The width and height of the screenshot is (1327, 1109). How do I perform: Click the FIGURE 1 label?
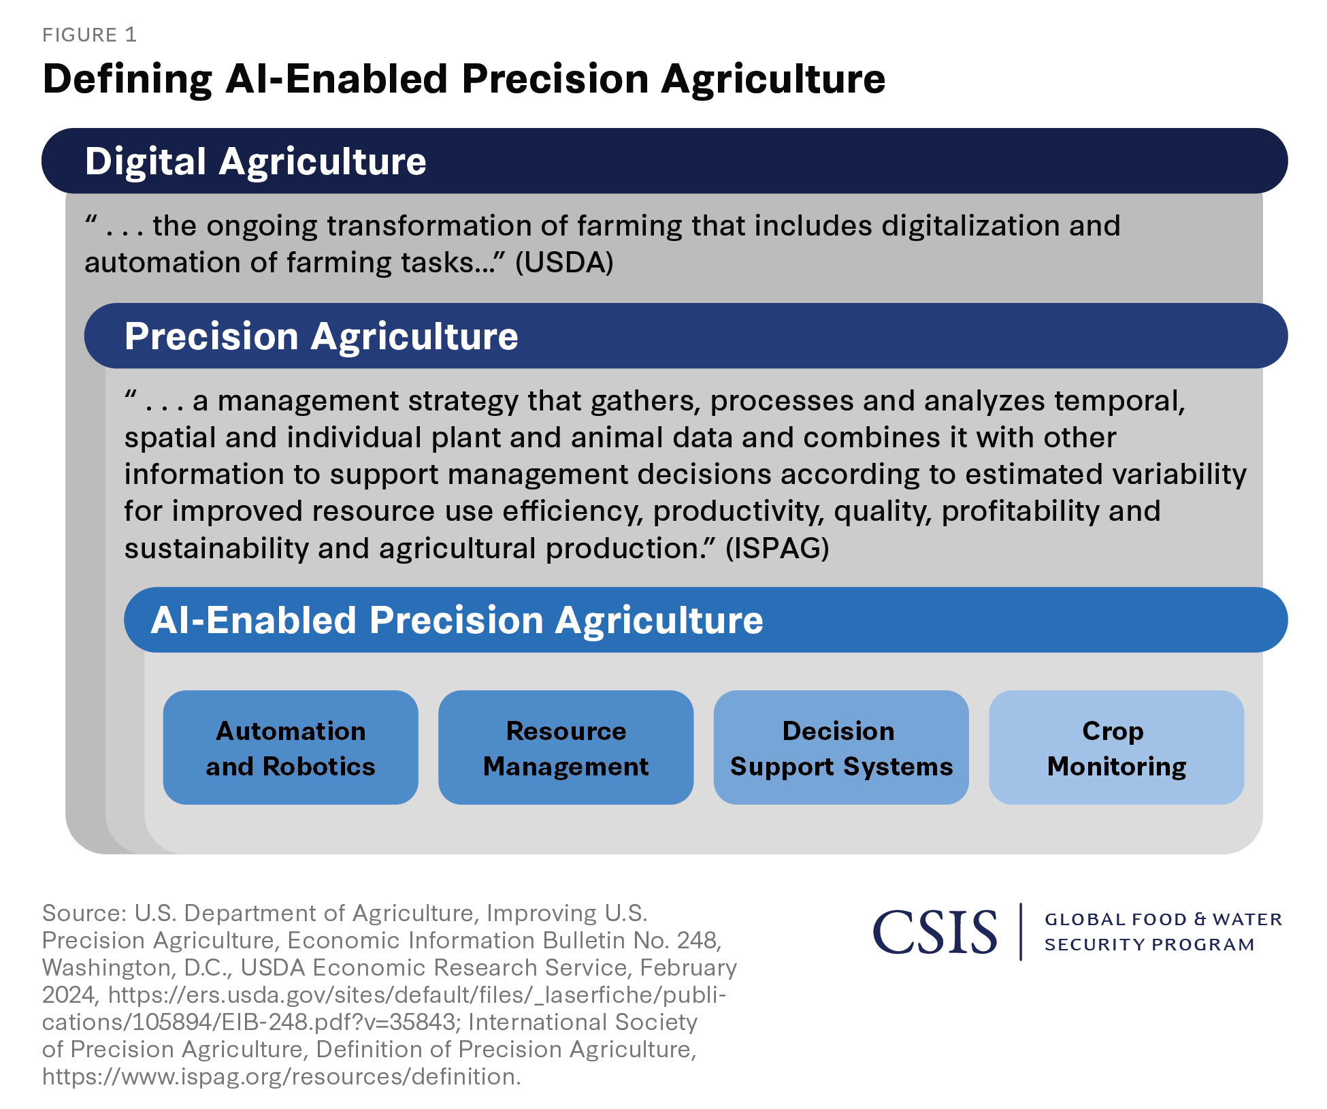click(x=89, y=35)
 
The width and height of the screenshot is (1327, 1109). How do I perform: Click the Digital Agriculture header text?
click(x=255, y=162)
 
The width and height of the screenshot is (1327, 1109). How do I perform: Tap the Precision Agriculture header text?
click(x=321, y=336)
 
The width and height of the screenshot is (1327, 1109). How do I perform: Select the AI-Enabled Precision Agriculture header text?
click(x=457, y=620)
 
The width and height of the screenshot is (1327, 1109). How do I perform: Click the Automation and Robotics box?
click(x=291, y=748)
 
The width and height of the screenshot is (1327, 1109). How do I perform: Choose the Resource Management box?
click(x=566, y=748)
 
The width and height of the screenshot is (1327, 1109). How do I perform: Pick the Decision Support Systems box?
click(x=841, y=748)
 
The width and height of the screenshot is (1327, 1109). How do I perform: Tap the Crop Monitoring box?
click(x=1116, y=748)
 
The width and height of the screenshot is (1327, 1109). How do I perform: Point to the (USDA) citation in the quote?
click(x=564, y=263)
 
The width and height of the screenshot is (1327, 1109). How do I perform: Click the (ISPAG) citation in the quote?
click(x=777, y=549)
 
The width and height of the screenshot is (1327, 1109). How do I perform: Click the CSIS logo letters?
click(x=935, y=932)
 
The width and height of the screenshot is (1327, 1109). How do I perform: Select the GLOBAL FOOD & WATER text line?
click(x=1163, y=920)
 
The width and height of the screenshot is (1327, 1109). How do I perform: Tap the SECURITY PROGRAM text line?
click(x=1149, y=945)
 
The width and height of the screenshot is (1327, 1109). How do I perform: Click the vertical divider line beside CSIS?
click(x=1021, y=931)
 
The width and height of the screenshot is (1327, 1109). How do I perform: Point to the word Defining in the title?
click(x=127, y=79)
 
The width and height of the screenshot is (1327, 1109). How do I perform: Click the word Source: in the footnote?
click(x=84, y=913)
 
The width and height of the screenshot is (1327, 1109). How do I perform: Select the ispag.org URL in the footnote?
click(x=281, y=1076)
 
